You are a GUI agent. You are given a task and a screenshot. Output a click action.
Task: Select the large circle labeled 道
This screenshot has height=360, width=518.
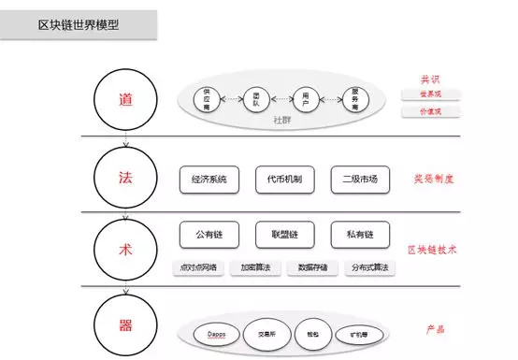124,100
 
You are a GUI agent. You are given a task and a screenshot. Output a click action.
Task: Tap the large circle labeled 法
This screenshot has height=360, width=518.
124,176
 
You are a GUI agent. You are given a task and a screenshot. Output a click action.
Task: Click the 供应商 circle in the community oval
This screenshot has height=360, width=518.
209,98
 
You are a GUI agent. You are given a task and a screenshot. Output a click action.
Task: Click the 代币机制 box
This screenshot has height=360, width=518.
284,179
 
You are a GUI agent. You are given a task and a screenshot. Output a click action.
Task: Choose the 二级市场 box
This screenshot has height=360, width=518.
360,179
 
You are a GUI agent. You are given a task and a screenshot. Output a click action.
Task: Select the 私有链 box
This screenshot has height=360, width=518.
360,232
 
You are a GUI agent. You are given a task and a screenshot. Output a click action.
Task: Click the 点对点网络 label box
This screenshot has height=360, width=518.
197,267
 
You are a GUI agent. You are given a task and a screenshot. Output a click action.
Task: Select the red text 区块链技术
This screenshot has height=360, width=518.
433,250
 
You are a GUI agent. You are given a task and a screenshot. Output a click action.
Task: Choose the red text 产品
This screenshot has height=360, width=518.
433,329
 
